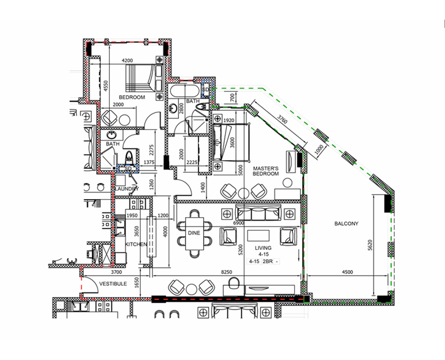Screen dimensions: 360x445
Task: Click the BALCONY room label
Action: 346,223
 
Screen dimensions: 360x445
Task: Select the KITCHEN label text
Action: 136,245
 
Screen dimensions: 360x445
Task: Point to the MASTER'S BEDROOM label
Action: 266,171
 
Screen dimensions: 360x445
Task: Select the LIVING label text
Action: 263,247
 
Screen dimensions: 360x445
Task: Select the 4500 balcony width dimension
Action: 347,272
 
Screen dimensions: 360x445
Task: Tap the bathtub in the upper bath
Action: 184,91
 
